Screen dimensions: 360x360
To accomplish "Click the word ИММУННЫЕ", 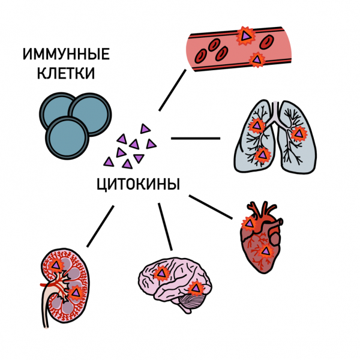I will click(66, 56).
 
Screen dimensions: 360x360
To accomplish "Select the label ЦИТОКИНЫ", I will click(137, 184).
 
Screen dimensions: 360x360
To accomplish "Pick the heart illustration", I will click(258, 240).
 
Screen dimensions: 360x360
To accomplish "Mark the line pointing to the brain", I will click(165, 227).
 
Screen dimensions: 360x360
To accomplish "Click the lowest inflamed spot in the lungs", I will click(262, 155).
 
